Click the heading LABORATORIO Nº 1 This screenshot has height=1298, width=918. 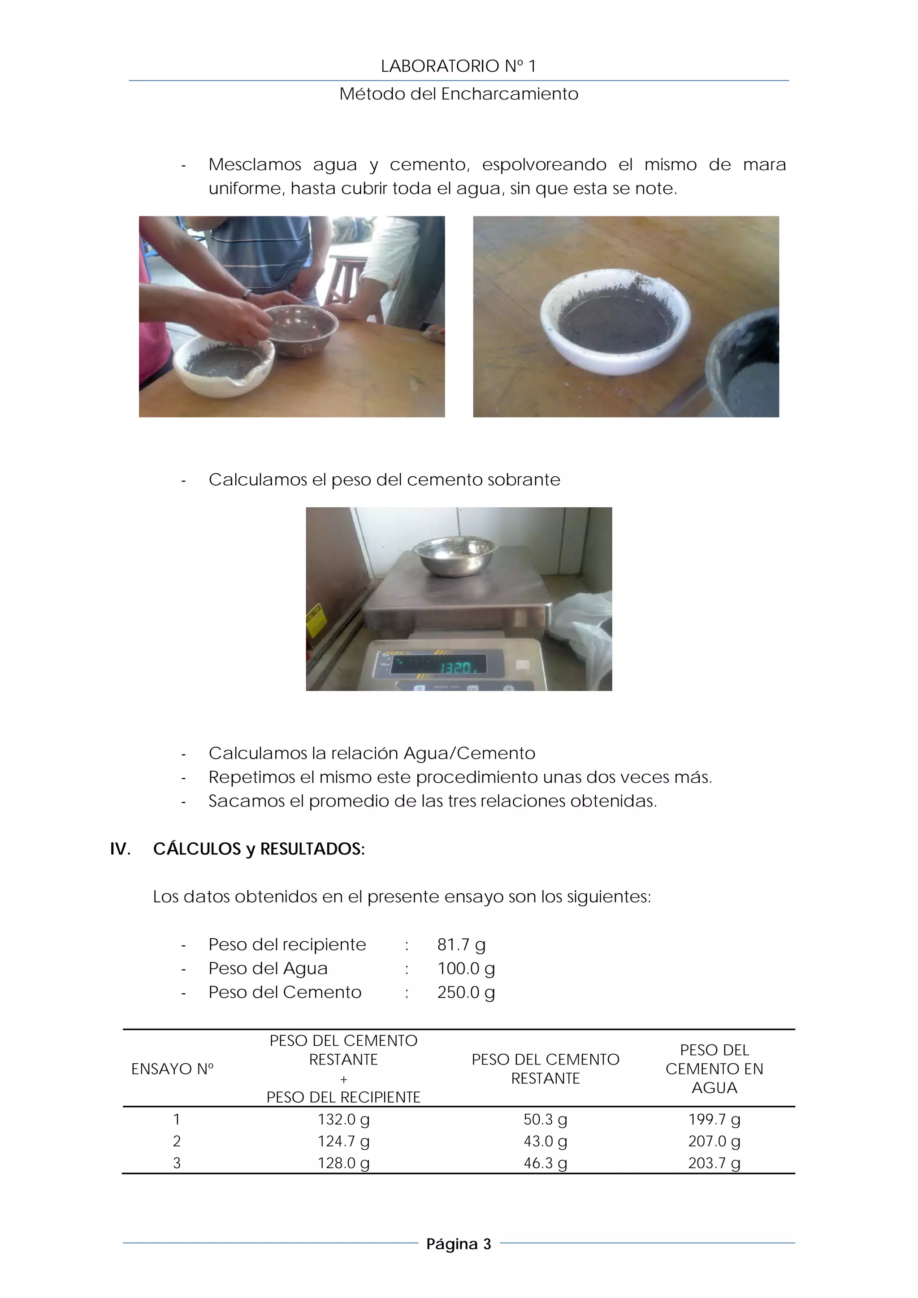[458, 66]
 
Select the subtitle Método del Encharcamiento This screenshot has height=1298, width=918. [458, 94]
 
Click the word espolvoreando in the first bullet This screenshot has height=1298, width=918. [544, 164]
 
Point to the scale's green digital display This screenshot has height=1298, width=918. [438, 665]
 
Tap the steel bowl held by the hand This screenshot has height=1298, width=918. [302, 330]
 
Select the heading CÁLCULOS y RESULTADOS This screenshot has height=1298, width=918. [259, 849]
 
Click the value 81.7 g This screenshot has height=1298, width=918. [461, 944]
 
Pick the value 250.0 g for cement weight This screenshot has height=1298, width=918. [466, 992]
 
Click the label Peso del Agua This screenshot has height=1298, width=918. [268, 968]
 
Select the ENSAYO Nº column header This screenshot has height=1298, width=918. [173, 1069]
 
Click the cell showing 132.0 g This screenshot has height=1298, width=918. [343, 1119]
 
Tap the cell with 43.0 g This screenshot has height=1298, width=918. [545, 1141]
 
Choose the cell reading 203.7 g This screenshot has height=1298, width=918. [714, 1163]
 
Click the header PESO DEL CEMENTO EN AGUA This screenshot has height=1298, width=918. [714, 1069]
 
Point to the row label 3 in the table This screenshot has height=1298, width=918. [177, 1163]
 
